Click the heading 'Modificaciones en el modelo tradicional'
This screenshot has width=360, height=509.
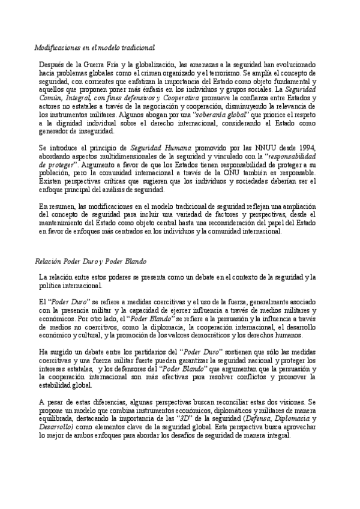tap(94, 46)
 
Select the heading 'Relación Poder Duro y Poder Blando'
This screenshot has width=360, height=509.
tap(92, 261)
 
